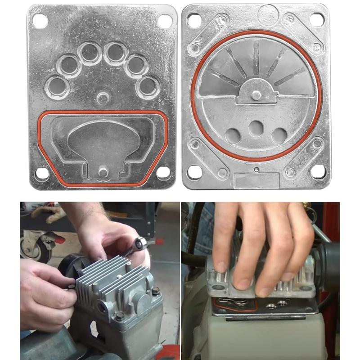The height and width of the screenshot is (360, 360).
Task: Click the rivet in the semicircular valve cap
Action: point(256,95)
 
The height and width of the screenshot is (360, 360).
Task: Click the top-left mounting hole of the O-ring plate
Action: point(194,19)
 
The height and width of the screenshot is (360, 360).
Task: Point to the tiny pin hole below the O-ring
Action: point(256,170)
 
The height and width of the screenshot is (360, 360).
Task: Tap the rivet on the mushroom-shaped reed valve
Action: point(103,171)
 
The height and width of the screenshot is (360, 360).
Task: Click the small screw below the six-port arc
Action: point(103,98)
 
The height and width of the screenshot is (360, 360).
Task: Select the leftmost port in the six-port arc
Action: point(58,86)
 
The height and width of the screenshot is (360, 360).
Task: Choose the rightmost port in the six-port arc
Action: point(148,86)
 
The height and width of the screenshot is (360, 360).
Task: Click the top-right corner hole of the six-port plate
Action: point(166,20)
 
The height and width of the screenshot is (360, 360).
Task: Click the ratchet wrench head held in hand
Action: point(139,244)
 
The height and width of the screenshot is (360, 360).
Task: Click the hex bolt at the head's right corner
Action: point(156,291)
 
